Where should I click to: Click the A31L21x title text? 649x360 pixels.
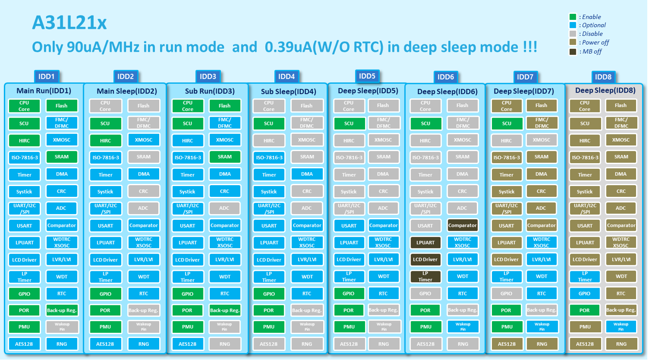pos(69,23)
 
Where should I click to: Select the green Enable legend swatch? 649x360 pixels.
pos(572,17)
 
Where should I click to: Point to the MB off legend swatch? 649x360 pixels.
pos(572,51)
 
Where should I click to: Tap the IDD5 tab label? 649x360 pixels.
pos(367,76)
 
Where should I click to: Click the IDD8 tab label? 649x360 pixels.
pos(603,77)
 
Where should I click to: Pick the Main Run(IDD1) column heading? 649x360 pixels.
pos(44,91)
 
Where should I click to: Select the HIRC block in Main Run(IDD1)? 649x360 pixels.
pos(24,141)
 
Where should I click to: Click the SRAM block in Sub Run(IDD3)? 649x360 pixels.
pos(225,157)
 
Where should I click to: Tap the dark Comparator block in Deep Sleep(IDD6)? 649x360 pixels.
pos(462,225)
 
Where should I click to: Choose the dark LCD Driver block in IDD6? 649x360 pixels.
pos(425,260)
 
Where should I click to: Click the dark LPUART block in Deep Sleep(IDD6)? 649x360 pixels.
pos(425,243)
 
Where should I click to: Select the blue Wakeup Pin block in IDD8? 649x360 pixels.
pos(620,327)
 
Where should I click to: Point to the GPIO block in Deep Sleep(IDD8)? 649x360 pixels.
pos(584,294)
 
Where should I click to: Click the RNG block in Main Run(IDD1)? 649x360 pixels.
pos(61,344)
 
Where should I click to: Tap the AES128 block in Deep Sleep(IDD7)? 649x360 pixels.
pos(506,344)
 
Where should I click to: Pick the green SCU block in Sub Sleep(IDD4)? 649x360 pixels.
pos(268,124)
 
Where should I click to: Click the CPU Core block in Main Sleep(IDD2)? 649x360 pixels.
pos(105,106)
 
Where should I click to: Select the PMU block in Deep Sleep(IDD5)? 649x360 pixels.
pos(349,327)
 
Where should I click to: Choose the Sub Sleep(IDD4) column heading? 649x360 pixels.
pos(288,92)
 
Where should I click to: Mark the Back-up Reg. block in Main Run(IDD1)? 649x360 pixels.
pos(61,310)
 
